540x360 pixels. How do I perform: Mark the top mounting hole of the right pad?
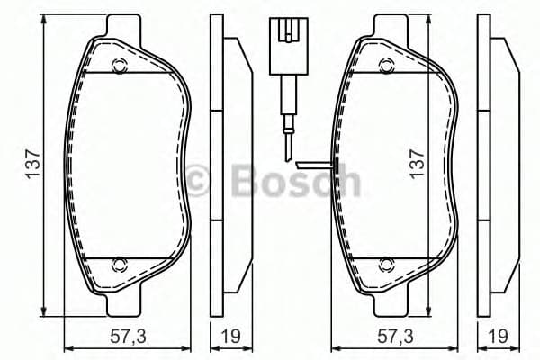click(x=386, y=64)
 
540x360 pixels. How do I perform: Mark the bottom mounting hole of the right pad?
click(x=386, y=264)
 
